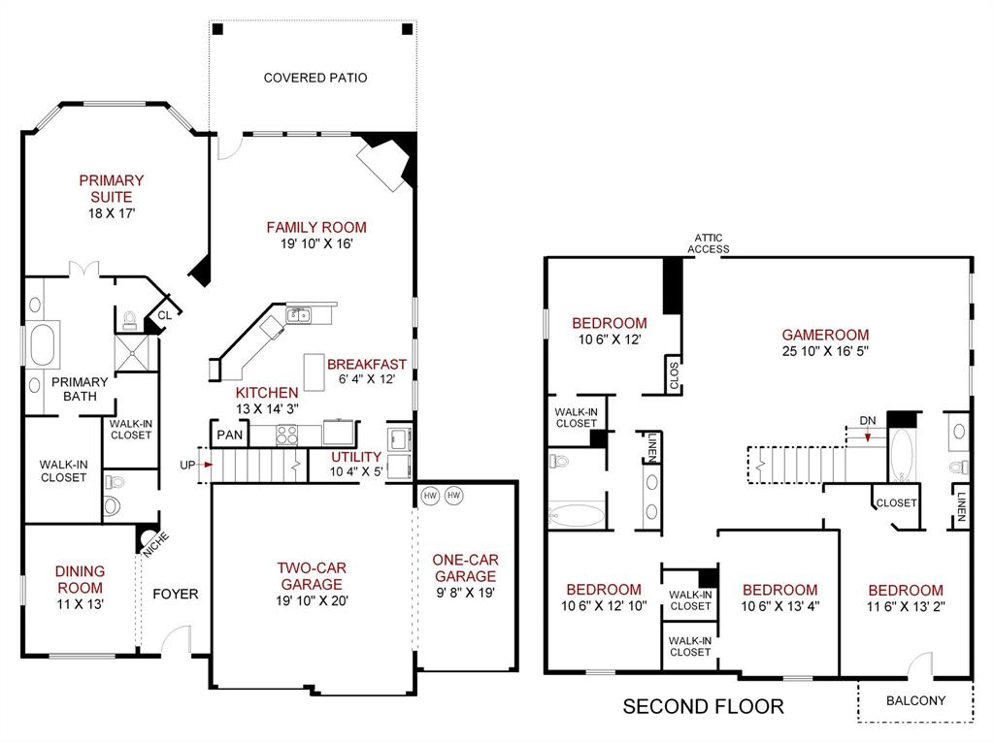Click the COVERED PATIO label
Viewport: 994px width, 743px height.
pyautogui.click(x=315, y=78)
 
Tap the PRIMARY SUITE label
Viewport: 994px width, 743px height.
pyautogui.click(x=111, y=188)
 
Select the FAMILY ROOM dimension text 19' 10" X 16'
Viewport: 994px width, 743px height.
pyautogui.click(x=316, y=244)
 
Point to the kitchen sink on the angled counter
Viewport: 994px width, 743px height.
pyautogui.click(x=300, y=313)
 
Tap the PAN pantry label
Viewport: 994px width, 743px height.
pyautogui.click(x=229, y=436)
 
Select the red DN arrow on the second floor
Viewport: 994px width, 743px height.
pyautogui.click(x=866, y=436)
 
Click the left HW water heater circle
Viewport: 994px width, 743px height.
pyautogui.click(x=431, y=496)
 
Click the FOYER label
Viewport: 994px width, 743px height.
pyautogui.click(x=175, y=595)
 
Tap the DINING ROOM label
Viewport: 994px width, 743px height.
pyautogui.click(x=80, y=579)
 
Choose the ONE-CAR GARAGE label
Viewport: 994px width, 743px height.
pyautogui.click(x=463, y=568)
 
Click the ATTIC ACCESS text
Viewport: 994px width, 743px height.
pyautogui.click(x=709, y=242)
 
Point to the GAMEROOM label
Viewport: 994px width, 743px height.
pyautogui.click(x=825, y=335)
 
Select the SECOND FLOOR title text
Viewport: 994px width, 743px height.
pyautogui.click(x=703, y=706)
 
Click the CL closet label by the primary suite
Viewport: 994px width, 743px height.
pyautogui.click(x=164, y=314)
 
